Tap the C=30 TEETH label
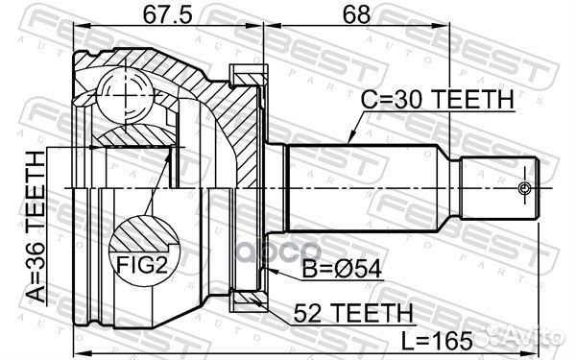coord(437,98)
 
